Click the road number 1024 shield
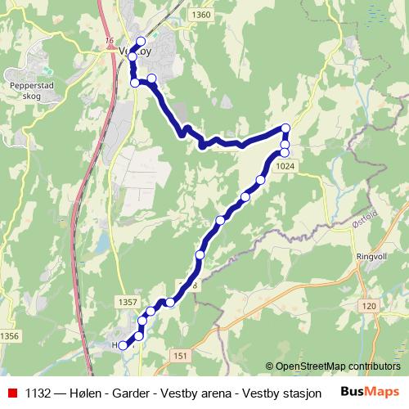(285, 166)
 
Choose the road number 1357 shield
(128, 303)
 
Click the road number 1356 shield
(10, 336)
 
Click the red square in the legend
(11, 391)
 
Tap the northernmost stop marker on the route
(141, 42)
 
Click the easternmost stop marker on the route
(285, 128)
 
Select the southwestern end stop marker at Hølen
(124, 345)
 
